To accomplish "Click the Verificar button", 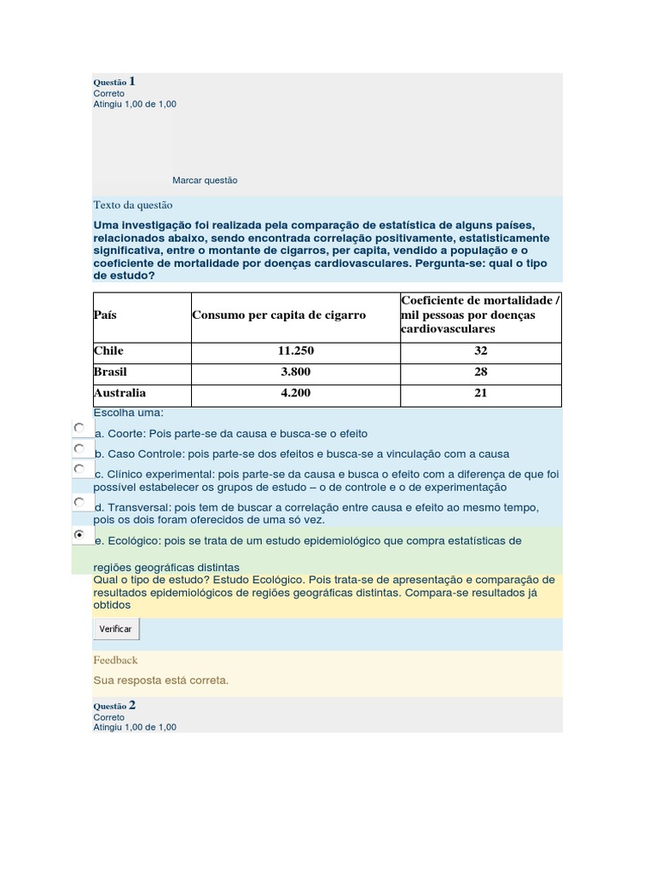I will [115, 628].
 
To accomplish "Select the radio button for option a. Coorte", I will [78, 427].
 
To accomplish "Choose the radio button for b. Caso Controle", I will [78, 448].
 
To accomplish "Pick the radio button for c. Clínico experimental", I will [78, 469].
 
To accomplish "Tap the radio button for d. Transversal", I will [78, 502].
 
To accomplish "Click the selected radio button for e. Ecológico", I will [78, 535].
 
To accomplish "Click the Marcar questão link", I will [205, 181].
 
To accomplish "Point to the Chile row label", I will [108, 351].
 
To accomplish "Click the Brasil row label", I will [110, 373].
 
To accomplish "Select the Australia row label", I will [119, 393].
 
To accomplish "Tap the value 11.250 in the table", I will [294, 351].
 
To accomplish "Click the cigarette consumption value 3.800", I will [294, 373].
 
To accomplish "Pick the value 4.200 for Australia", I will [294, 393].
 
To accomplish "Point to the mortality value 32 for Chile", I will [480, 351].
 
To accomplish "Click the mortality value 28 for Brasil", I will [480, 373].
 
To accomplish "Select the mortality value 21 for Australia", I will [480, 393].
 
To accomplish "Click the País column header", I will [105, 315].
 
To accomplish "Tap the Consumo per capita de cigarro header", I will [279, 315].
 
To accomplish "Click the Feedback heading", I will [115, 660].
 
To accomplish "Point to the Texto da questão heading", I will [132, 205].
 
